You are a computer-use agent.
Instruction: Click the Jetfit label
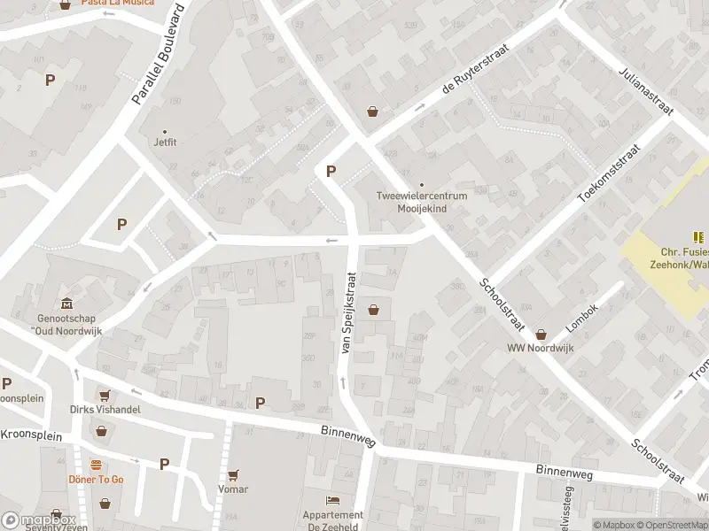[166, 141]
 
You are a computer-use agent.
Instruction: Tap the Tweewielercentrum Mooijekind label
[422, 201]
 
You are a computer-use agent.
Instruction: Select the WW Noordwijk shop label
[541, 348]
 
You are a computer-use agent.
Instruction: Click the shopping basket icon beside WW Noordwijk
[541, 334]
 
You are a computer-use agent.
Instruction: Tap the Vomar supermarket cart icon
[233, 476]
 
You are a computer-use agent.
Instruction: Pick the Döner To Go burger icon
[96, 465]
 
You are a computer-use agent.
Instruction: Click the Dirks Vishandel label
[105, 409]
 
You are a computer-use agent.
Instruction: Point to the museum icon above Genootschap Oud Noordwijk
[65, 304]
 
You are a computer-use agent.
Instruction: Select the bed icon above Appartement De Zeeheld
[333, 501]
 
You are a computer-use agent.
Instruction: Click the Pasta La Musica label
[117, 3]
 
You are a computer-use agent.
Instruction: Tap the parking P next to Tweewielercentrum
[332, 172]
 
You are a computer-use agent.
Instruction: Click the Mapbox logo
[38, 519]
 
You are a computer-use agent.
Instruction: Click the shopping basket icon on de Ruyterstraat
[373, 112]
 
